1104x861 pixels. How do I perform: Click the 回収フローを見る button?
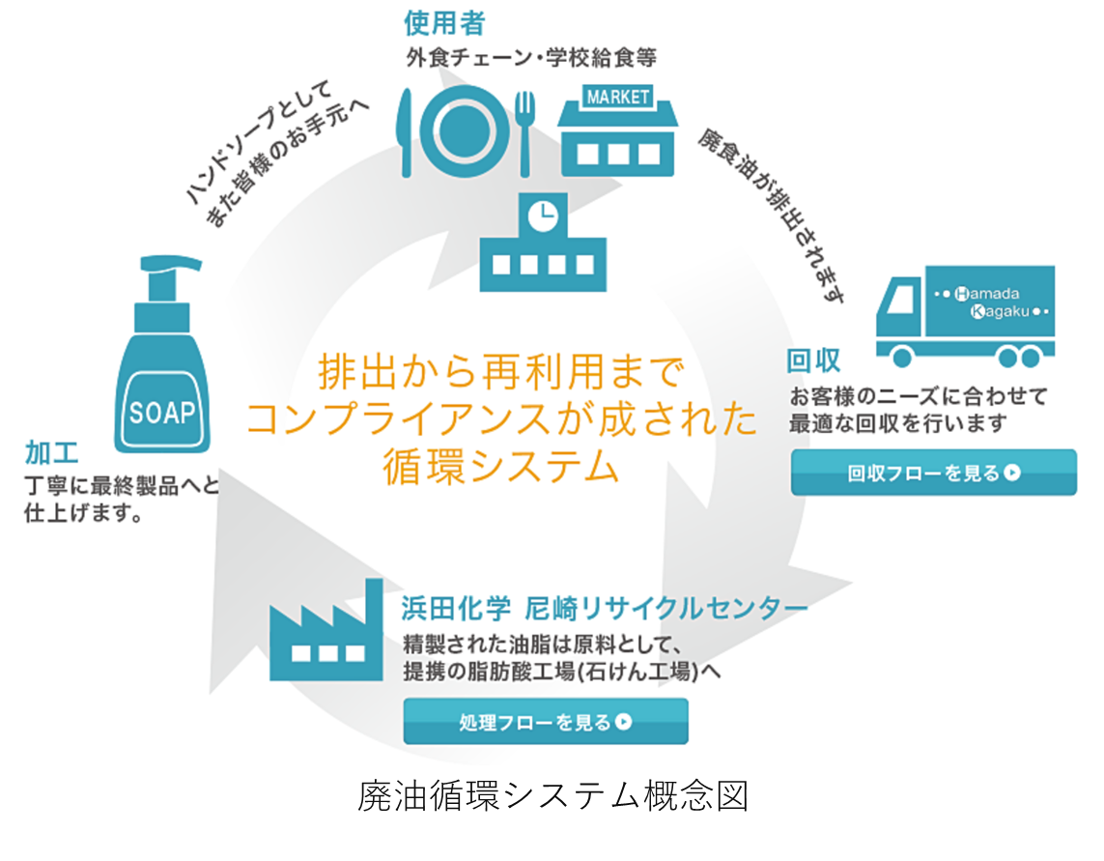(933, 473)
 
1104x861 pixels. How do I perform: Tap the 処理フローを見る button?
(545, 722)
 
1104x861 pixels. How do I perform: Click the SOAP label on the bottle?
(162, 413)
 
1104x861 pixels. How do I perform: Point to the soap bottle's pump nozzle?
(179, 265)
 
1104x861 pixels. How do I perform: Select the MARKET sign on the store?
(618, 98)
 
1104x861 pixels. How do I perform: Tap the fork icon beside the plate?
(525, 131)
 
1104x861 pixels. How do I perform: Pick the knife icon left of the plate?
(407, 131)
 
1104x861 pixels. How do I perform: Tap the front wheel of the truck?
(902, 358)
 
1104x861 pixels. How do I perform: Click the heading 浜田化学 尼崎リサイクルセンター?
(604, 608)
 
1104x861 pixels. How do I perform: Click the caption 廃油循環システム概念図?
(552, 797)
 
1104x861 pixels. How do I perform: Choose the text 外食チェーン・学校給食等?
(531, 58)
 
